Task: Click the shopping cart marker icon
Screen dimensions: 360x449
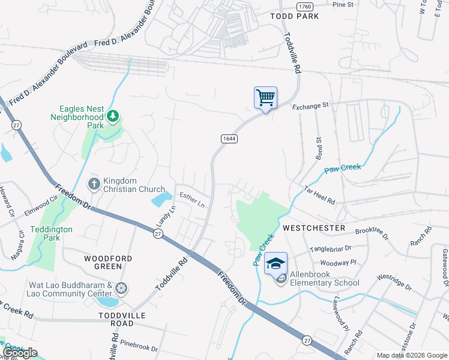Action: (265, 97)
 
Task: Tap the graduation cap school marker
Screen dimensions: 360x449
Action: (276, 264)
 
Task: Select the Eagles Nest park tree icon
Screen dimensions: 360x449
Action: (112, 115)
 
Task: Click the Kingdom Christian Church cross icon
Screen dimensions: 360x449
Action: (94, 183)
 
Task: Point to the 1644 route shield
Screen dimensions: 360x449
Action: (229, 139)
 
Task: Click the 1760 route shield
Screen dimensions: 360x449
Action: (305, 5)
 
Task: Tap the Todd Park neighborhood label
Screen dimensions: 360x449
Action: (295, 16)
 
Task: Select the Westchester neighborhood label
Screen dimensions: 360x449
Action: (314, 228)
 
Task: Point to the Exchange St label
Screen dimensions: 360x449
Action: (311, 106)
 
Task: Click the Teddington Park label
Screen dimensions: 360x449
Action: (51, 233)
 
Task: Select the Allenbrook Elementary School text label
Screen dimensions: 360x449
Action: (324, 279)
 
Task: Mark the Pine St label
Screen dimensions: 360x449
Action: (343, 4)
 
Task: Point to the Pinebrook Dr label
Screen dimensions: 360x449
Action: (139, 347)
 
